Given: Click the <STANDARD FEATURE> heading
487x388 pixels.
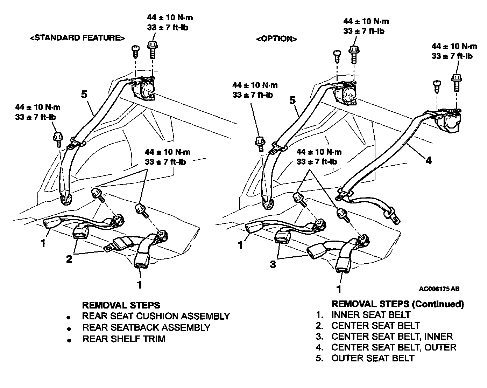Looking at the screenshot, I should pyautogui.click(x=77, y=38).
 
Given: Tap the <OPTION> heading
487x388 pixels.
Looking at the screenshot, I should pyautogui.click(x=276, y=39).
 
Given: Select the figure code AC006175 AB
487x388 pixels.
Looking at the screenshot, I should pyautogui.click(x=439, y=289).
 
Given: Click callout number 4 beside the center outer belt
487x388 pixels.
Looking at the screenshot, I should pyautogui.click(x=429, y=160).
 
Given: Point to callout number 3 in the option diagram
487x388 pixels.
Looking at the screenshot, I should pyautogui.click(x=273, y=264).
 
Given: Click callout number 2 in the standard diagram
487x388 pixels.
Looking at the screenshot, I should pyautogui.click(x=69, y=259).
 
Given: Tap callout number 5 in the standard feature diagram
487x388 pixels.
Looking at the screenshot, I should pyautogui.click(x=84, y=95).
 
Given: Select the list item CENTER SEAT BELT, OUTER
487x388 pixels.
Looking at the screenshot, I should pyautogui.click(x=394, y=347).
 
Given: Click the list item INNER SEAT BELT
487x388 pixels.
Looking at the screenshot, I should pyautogui.click(x=371, y=314).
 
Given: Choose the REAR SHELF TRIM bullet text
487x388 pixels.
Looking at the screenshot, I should pyautogui.click(x=124, y=339).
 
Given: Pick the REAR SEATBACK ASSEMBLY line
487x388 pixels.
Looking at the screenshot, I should pyautogui.click(x=146, y=327).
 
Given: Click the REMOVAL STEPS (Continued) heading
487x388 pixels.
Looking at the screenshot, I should pyautogui.click(x=397, y=304).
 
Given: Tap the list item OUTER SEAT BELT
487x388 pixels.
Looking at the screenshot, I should pyautogui.click(x=373, y=358).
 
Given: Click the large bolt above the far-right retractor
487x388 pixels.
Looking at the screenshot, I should pyautogui.click(x=456, y=82).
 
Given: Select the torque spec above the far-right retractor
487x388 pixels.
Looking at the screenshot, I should pyautogui.click(x=454, y=51).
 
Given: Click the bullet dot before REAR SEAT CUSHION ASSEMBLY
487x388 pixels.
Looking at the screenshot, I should pyautogui.click(x=69, y=317).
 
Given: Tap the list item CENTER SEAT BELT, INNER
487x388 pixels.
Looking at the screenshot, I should pyautogui.click(x=392, y=337).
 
